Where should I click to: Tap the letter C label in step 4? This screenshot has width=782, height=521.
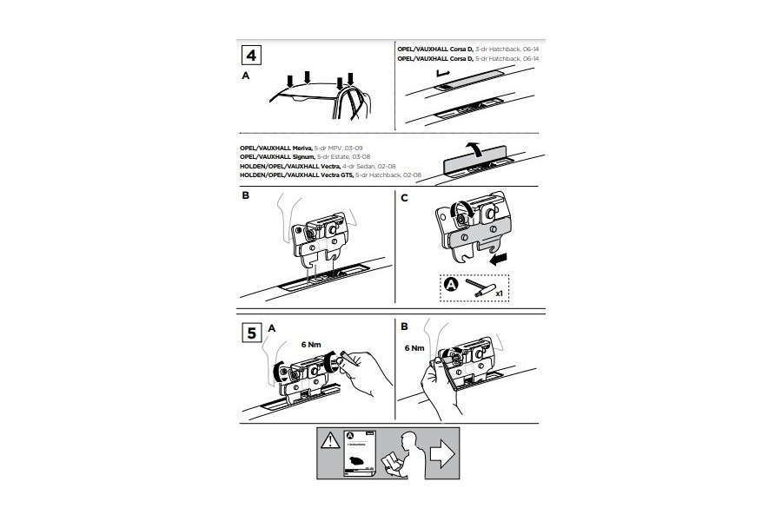coord(403,196)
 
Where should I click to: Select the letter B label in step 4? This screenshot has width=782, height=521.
coord(245,196)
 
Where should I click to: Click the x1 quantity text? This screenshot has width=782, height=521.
coord(499,293)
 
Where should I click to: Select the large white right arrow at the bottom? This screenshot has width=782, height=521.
coord(442,454)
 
